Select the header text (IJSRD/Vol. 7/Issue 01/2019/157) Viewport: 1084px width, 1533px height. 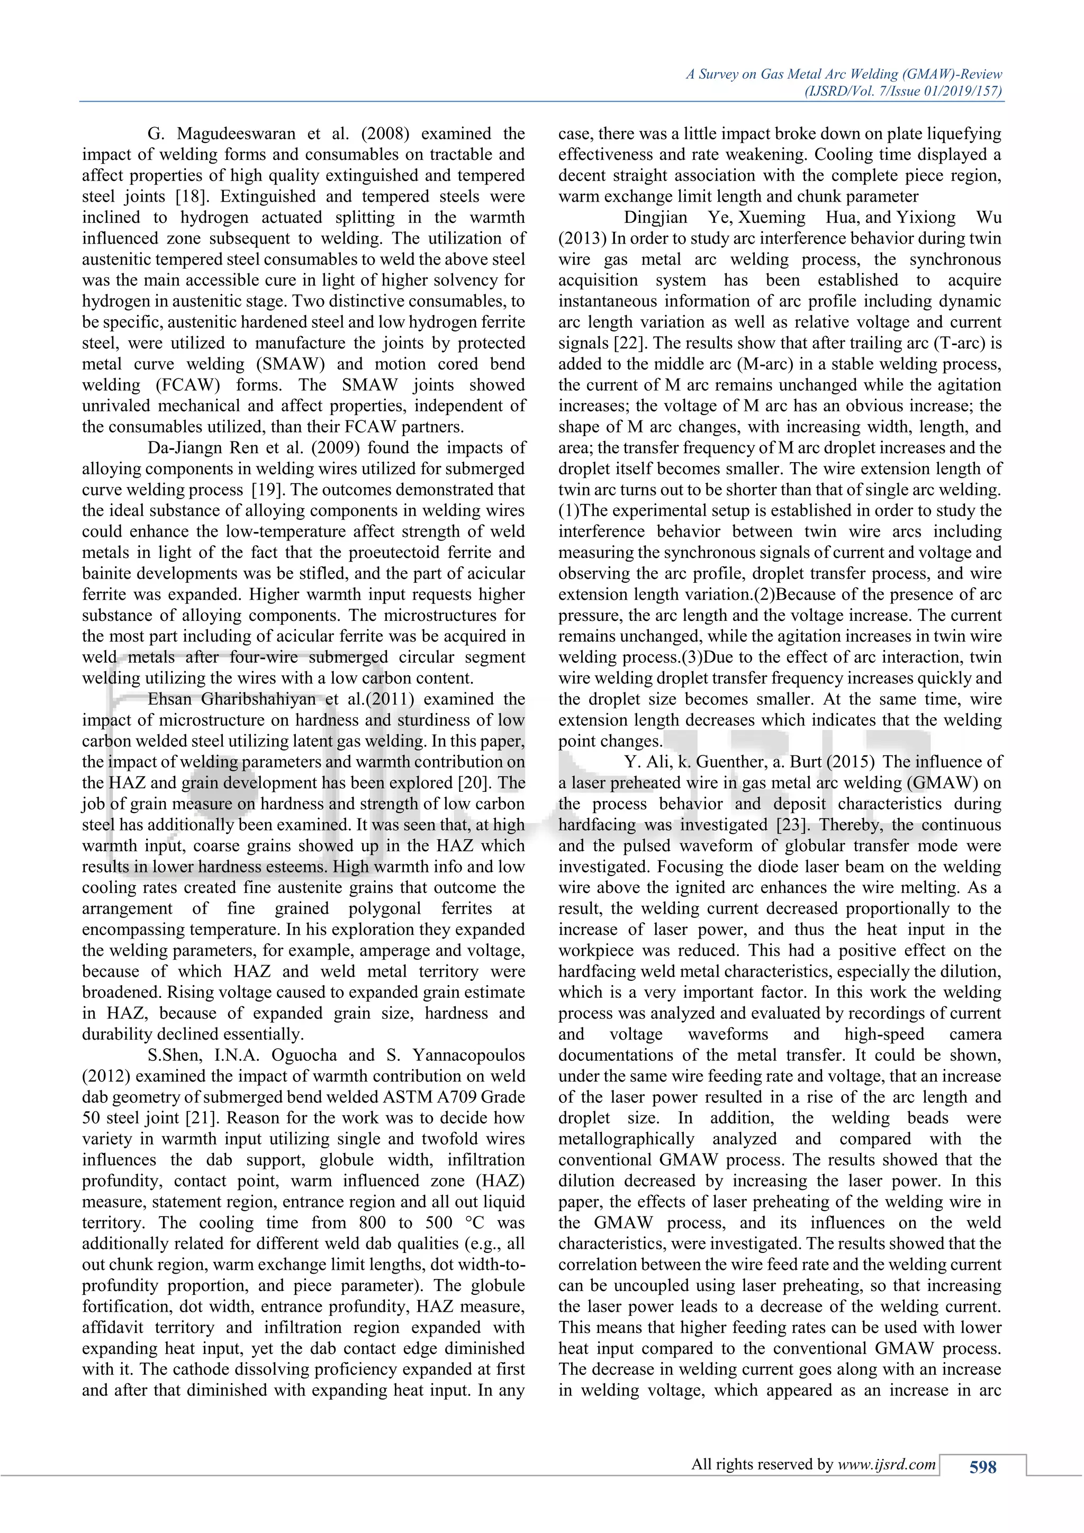click(x=905, y=92)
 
